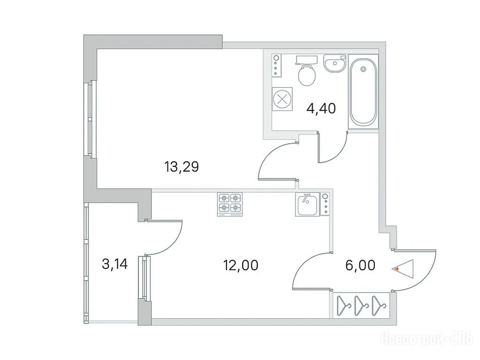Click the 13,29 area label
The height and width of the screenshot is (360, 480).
[x=182, y=167]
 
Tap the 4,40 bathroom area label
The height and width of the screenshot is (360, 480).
[x=321, y=108]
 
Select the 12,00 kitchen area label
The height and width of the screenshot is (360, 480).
[x=241, y=265]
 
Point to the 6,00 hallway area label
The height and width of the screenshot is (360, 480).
[x=360, y=265]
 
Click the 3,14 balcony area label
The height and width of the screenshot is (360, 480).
[x=115, y=264]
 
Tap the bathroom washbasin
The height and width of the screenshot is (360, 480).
[x=335, y=64]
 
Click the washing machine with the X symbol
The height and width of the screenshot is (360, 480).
[x=282, y=99]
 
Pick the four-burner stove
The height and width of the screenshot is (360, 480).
[x=229, y=204]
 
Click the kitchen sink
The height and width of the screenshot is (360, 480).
[x=307, y=204]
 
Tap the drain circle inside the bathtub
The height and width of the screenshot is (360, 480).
[x=363, y=69]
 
